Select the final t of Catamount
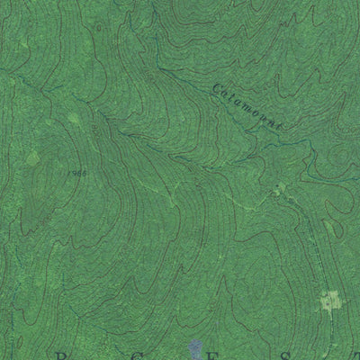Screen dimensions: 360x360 tap(279, 129)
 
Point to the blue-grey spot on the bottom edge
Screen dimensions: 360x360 tap(196, 347)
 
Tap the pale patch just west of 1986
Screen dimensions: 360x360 tap(33, 158)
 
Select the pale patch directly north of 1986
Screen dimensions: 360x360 tap(75, 119)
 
